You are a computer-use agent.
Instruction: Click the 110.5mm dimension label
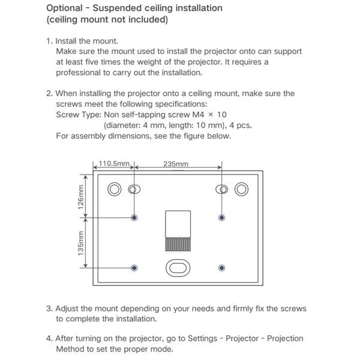pyautogui.click(x=114, y=163)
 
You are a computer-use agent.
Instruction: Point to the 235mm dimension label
pyautogui.click(x=176, y=163)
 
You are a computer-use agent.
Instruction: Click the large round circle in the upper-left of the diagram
pyautogui.click(x=114, y=190)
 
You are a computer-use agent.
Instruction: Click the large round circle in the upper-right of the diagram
pyautogui.click(x=241, y=190)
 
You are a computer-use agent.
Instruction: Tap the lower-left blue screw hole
pyautogui.click(x=134, y=268)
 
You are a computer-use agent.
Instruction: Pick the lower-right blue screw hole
pyautogui.click(x=223, y=268)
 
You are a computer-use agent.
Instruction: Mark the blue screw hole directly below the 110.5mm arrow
pyautogui.click(x=134, y=217)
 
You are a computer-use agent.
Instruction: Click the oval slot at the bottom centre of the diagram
pyautogui.click(x=178, y=267)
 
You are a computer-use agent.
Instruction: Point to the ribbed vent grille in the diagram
pyautogui.click(x=178, y=244)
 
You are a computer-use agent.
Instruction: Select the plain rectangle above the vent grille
pyautogui.click(x=178, y=224)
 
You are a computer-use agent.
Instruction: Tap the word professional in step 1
pyautogui.click(x=82, y=73)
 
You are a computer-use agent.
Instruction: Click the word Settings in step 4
pyautogui.click(x=205, y=338)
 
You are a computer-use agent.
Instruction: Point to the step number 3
pyautogui.click(x=49, y=308)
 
